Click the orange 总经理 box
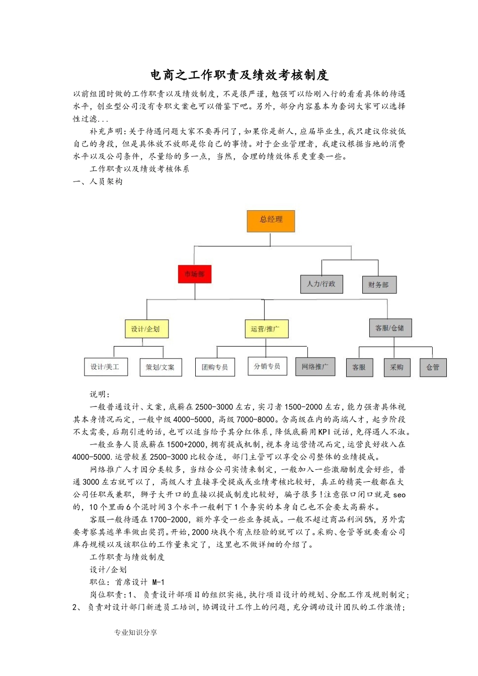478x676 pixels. coord(271,221)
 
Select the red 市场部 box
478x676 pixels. coord(195,274)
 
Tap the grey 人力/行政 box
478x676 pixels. coord(321,284)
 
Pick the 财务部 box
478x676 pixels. coord(379,285)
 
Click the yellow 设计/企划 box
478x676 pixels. coord(145,329)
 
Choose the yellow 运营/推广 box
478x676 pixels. coord(266,329)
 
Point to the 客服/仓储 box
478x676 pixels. coord(390,328)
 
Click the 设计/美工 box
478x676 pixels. coord(105,367)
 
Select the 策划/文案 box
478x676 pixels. coord(161,367)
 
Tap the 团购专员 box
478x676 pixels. coord(215,367)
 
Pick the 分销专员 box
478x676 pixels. coord(267,366)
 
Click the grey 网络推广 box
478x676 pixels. coord(315,367)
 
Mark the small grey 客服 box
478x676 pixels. coord(359,367)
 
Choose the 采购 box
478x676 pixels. coord(397,367)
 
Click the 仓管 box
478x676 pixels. coord(433,367)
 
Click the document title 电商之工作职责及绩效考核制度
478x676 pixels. coord(240,75)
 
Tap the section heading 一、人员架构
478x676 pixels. coord(98,182)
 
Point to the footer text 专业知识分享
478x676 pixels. coord(136,632)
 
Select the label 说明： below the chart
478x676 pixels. coord(100,394)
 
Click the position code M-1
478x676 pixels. coord(158,582)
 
